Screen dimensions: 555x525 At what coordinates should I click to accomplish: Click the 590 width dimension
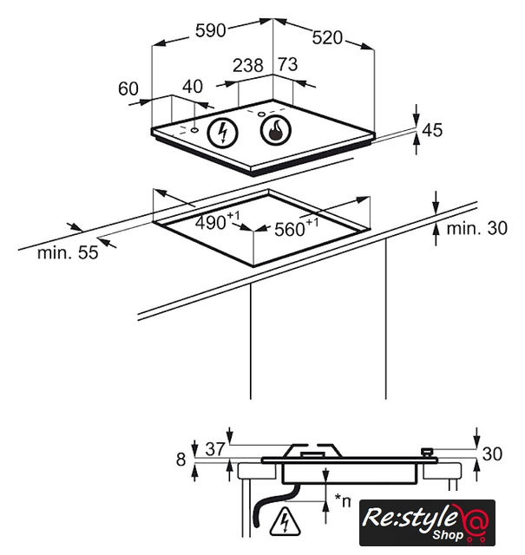click(210, 30)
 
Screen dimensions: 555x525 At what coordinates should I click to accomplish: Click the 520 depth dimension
click(328, 37)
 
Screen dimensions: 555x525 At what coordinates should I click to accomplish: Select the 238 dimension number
click(249, 65)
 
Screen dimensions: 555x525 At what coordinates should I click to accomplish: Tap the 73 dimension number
click(287, 65)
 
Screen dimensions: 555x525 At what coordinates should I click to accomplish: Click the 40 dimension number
click(193, 88)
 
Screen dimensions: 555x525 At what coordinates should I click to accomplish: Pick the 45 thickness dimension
click(431, 130)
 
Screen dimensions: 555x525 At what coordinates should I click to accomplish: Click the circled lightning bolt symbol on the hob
click(226, 133)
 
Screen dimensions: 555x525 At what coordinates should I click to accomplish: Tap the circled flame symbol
click(275, 133)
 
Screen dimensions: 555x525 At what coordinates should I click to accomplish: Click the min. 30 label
click(476, 229)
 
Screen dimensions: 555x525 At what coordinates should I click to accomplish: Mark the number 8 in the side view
click(180, 460)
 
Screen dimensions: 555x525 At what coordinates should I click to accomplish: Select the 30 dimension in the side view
click(492, 453)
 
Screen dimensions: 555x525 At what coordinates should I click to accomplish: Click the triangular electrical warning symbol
click(284, 522)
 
